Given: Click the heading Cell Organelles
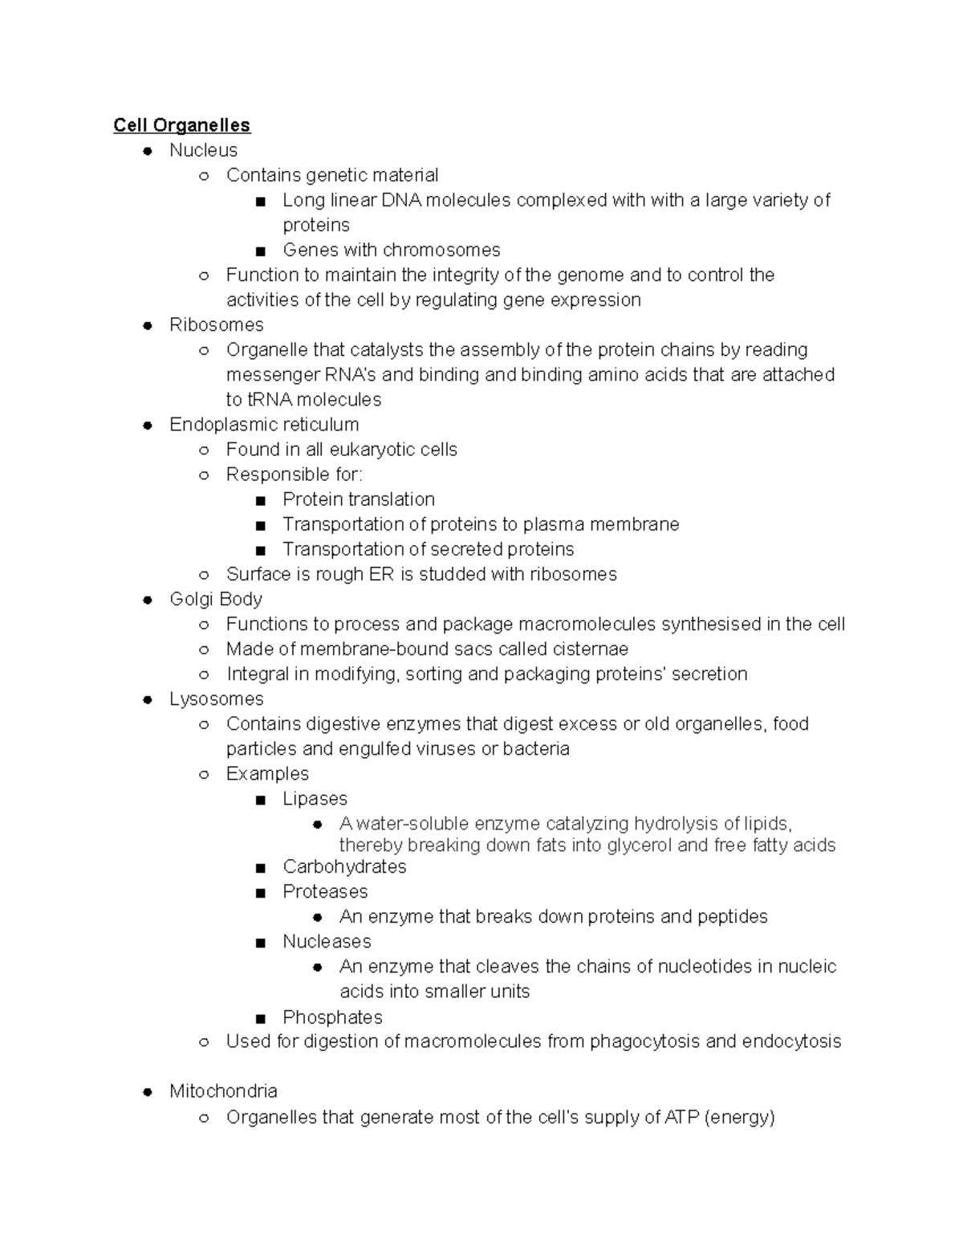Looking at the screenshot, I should click(181, 125).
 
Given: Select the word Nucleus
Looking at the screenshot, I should click(203, 150).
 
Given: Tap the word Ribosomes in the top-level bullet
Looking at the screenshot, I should click(216, 324).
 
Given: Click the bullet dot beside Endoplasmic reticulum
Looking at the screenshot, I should click(148, 426).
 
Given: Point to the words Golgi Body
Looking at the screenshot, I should click(216, 599).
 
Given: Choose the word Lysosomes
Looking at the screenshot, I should click(216, 699).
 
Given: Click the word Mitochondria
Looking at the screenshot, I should click(223, 1090).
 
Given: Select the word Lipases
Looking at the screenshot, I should click(315, 798).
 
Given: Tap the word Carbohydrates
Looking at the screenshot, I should click(344, 866).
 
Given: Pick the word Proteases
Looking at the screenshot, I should click(325, 891).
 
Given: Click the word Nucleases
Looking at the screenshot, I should click(327, 941).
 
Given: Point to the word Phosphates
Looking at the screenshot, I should click(332, 1017).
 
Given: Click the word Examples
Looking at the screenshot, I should click(267, 773).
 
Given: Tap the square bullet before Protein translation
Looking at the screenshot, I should click(260, 500).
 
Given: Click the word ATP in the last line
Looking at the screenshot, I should click(681, 1117).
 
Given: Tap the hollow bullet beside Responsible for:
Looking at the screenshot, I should click(204, 475).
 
